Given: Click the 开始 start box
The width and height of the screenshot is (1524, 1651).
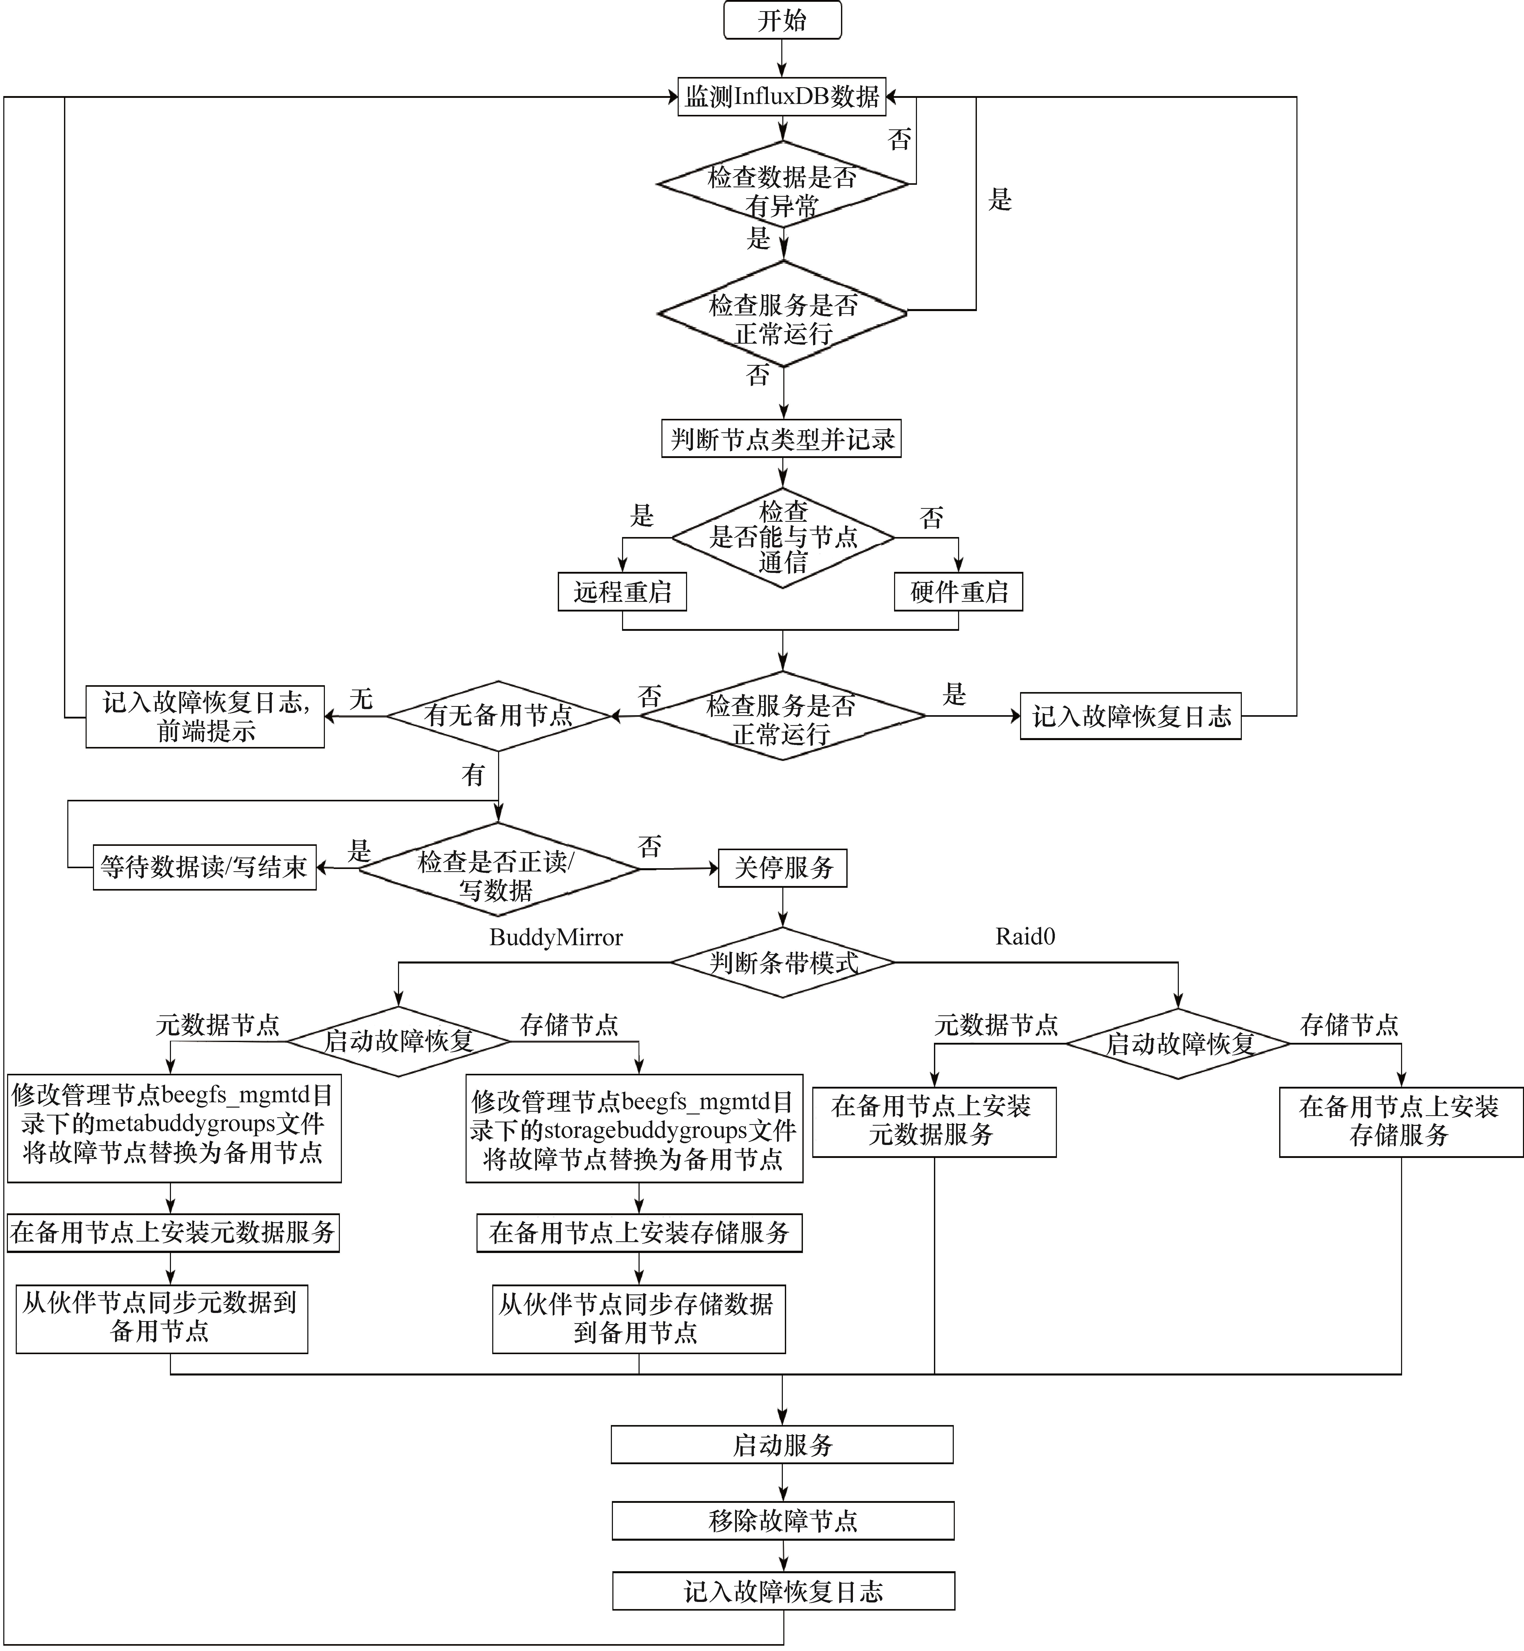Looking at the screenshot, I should pos(782,20).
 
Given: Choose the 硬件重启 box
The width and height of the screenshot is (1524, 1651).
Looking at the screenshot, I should pos(958,592).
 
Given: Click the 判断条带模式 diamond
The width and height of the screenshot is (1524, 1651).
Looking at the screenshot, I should pos(782,962).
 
